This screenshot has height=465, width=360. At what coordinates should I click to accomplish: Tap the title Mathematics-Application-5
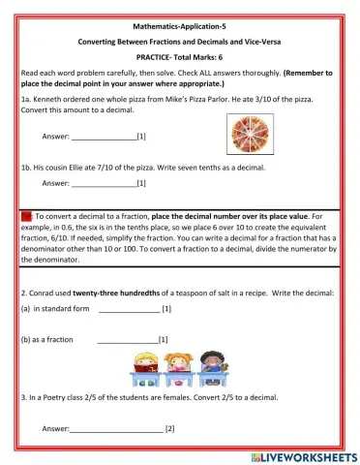179,28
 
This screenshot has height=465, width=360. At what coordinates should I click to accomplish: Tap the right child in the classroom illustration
209,365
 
